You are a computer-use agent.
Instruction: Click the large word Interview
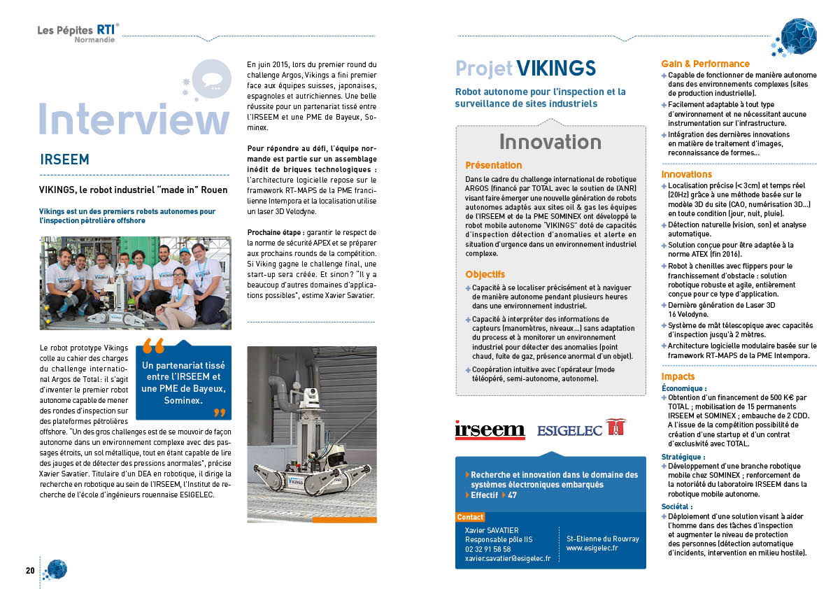(134, 118)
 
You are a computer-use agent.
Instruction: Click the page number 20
(30, 570)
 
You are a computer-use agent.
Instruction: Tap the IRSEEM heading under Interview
(64, 159)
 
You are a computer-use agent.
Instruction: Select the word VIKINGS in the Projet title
(556, 68)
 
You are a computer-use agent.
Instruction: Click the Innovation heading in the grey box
(550, 142)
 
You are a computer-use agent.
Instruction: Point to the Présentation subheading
(493, 166)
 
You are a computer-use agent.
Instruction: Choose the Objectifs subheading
(485, 274)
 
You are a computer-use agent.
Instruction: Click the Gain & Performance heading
(705, 64)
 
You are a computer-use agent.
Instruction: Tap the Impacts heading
(678, 376)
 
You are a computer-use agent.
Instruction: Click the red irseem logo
(490, 430)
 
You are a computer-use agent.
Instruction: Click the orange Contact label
(470, 517)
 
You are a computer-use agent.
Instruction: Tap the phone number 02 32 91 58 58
(487, 549)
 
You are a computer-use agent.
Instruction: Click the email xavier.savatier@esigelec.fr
(507, 558)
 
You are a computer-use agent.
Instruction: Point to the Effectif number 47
(512, 495)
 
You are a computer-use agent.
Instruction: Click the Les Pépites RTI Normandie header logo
(78, 32)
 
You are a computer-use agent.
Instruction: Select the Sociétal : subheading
(676, 506)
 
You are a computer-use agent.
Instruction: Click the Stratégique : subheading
(682, 457)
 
